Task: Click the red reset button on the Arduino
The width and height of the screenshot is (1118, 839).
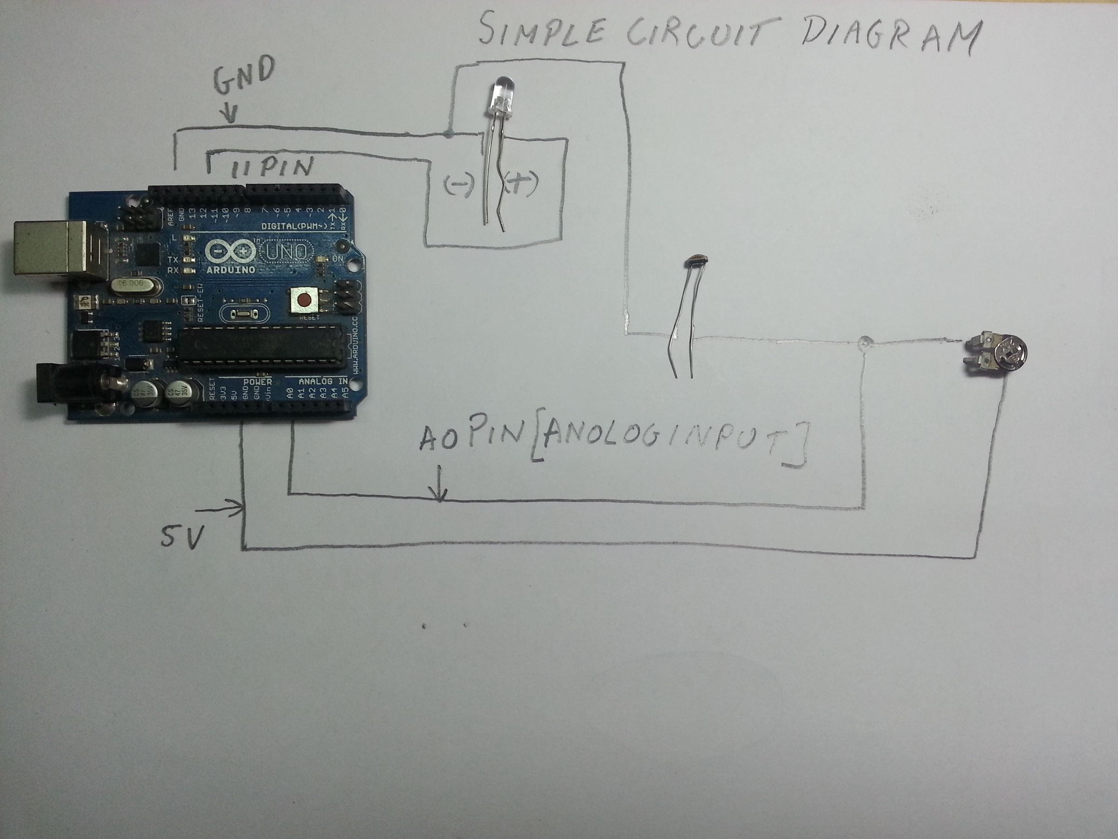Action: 305,302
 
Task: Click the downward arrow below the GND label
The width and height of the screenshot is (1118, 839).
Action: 230,114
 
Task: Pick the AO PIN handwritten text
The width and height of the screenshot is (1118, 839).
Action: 470,438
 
